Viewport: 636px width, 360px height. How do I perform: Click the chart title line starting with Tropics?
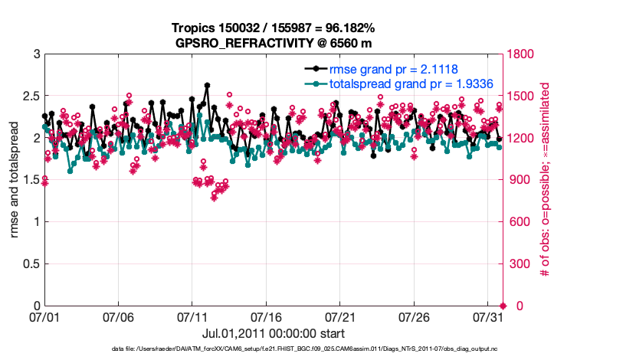coord(274,28)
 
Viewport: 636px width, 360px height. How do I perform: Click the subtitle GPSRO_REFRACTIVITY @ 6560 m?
coord(274,42)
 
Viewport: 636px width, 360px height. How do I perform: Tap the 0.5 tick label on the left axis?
coord(30,264)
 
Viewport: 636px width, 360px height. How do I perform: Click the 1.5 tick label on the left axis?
coord(30,180)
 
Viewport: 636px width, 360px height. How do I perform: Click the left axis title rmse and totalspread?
coord(15,180)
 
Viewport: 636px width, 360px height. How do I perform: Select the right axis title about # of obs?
coord(546,180)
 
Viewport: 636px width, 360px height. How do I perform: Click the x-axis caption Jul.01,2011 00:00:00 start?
coord(274,333)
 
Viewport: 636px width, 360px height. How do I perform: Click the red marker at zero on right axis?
coord(503,306)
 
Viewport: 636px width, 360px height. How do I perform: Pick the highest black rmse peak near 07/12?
coord(208,86)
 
